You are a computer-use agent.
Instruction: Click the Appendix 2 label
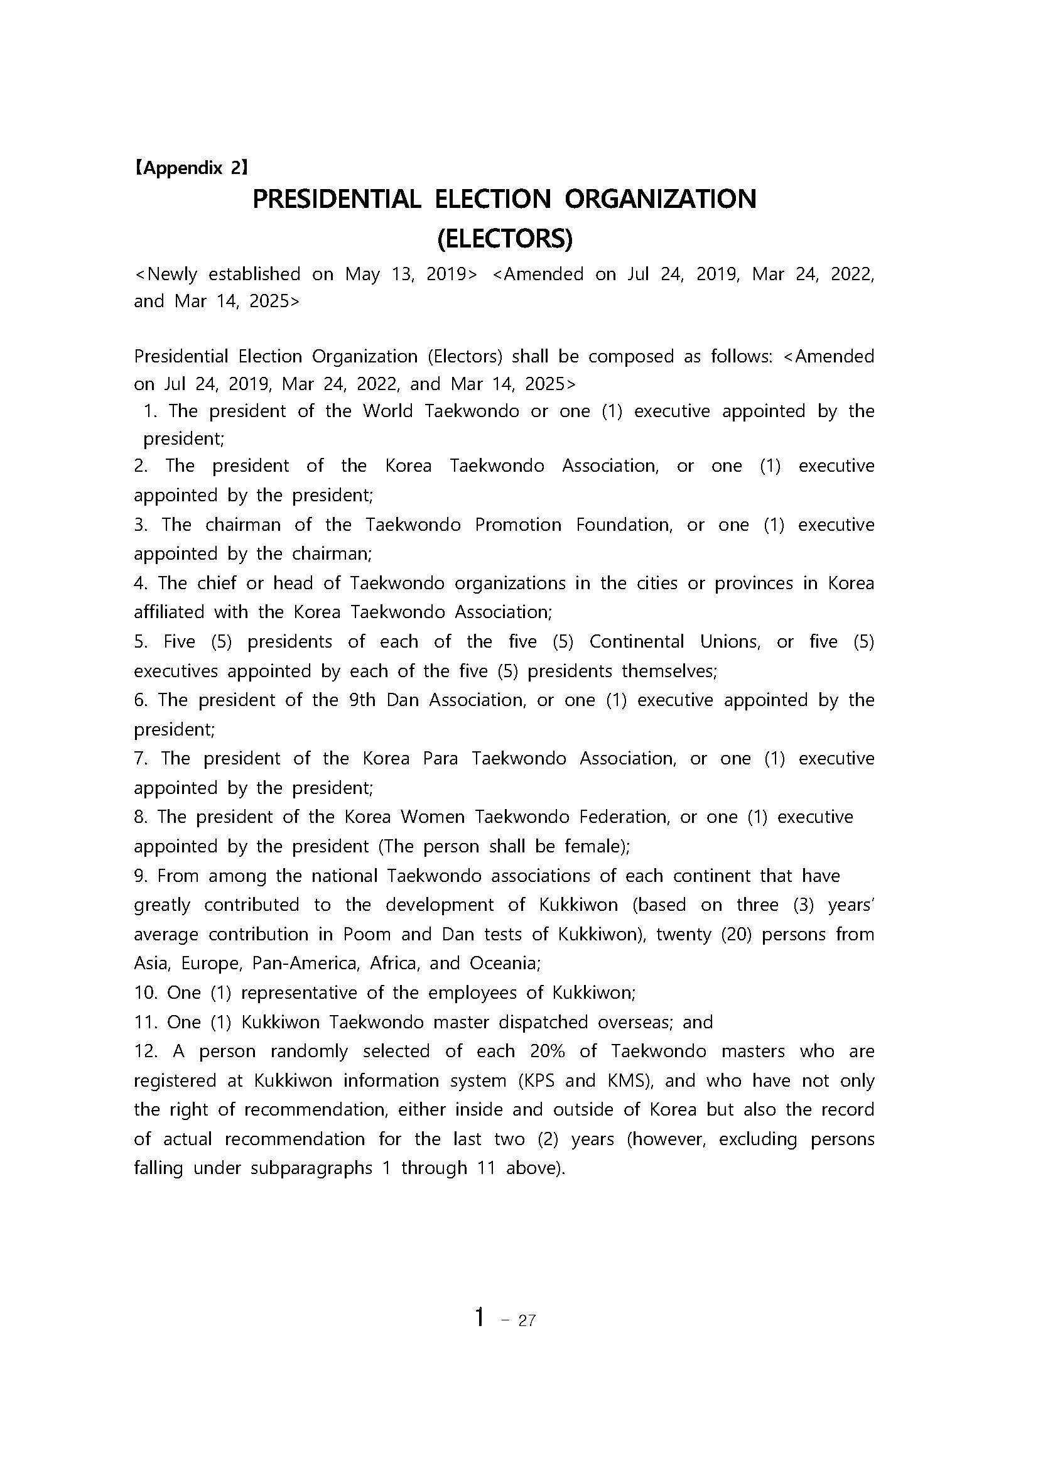[190, 168]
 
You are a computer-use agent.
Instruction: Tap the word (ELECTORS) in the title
[504, 239]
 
